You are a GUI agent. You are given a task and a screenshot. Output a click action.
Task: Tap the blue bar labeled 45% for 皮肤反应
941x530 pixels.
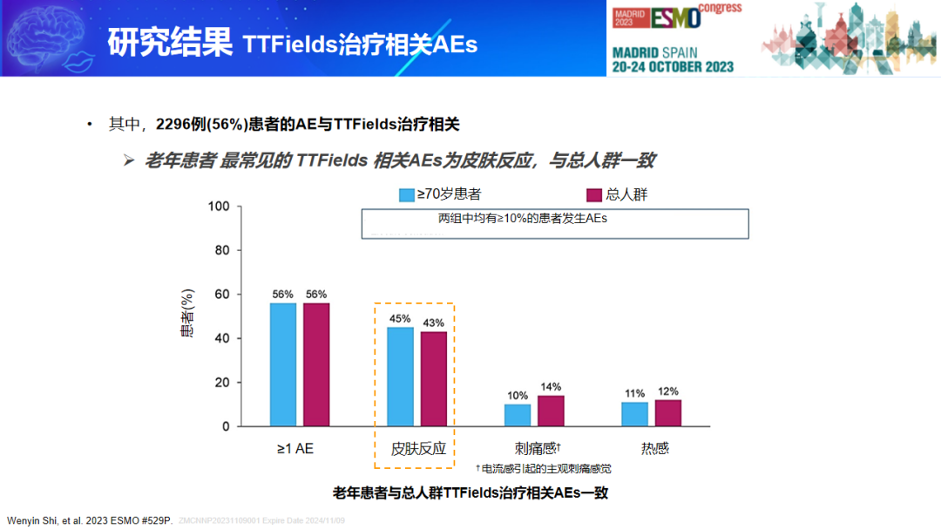pos(400,377)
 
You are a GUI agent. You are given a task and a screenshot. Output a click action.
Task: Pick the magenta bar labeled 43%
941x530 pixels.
pos(433,378)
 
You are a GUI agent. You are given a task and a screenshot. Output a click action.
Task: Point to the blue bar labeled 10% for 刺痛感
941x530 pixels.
pos(518,415)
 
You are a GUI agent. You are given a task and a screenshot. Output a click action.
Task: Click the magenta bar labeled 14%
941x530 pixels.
pos(551,411)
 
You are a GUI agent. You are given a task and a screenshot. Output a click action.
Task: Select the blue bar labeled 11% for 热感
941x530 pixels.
pos(635,414)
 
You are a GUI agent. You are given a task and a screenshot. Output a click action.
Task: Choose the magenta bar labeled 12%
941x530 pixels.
pos(668,412)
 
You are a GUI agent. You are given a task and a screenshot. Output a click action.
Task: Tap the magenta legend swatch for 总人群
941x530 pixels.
pos(595,194)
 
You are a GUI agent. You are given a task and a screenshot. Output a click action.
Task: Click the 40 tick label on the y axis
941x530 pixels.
pos(222,338)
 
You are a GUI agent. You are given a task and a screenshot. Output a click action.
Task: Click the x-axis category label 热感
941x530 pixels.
pos(654,449)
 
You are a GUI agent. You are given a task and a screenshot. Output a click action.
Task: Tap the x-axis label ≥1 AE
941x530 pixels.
pos(295,449)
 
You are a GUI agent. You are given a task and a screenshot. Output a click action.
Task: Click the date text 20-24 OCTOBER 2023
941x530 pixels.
pos(673,66)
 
